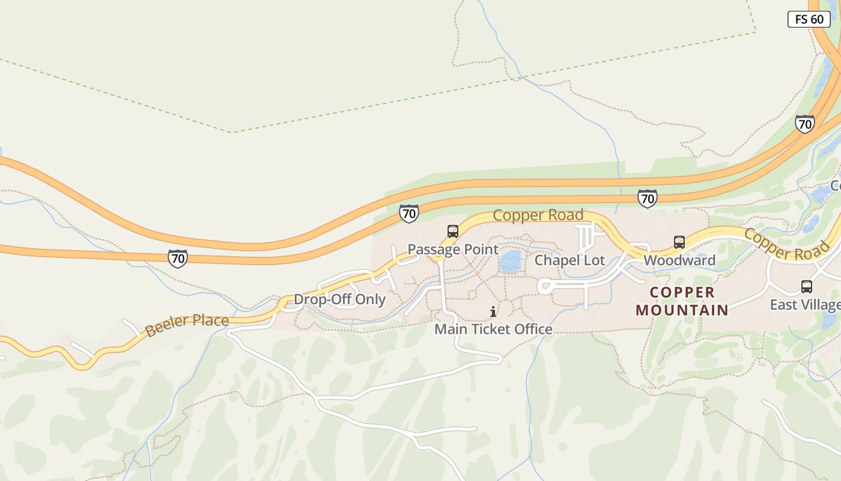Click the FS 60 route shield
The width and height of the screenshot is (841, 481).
click(809, 19)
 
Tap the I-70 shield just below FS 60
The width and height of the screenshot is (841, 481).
click(804, 124)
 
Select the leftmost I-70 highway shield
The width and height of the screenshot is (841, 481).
click(177, 259)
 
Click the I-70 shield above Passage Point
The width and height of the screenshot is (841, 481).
click(408, 213)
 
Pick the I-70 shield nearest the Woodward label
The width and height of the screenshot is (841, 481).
click(647, 198)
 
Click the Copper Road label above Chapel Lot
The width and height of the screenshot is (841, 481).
click(538, 215)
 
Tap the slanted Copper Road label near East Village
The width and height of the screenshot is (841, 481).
click(787, 245)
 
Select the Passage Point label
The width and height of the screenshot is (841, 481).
click(453, 250)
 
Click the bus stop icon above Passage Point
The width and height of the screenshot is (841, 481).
click(453, 231)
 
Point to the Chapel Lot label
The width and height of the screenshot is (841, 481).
click(569, 260)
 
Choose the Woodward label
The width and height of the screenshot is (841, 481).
click(679, 260)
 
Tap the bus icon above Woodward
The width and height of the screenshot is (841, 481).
click(679, 242)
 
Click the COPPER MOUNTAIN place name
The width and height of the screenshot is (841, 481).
click(682, 301)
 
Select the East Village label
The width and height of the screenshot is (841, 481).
click(805, 305)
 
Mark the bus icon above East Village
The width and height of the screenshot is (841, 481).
click(807, 287)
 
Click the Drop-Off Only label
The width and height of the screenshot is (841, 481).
click(339, 299)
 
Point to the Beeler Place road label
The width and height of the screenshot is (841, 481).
click(187, 325)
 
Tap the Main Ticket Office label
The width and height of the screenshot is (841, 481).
click(493, 329)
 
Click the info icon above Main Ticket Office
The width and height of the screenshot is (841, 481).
click(493, 311)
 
